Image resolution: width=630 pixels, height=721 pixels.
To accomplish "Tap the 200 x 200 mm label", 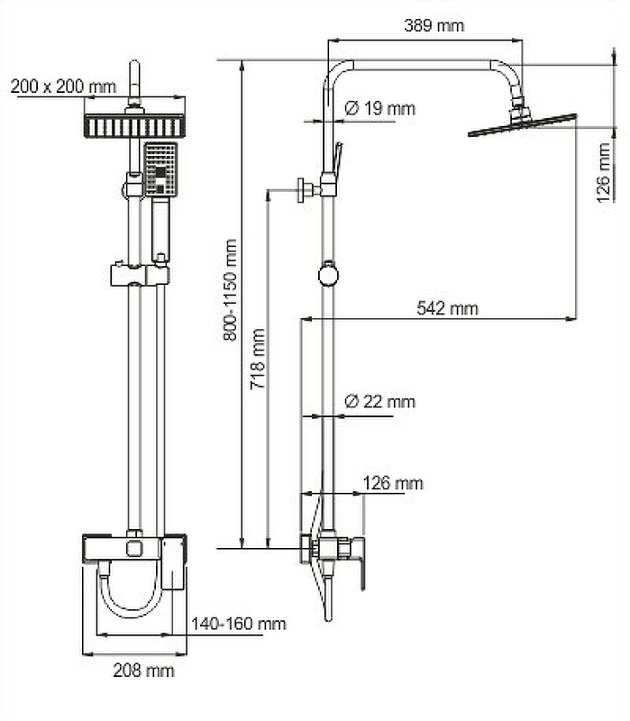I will tap(63, 87).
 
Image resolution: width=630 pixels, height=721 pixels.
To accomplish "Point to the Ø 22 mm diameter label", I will tap(379, 401).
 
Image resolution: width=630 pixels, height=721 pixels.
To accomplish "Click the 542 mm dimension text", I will tap(447, 308).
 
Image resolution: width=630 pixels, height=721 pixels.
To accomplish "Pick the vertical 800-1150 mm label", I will tap(231, 289).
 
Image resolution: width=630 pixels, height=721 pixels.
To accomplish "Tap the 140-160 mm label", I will tap(238, 624).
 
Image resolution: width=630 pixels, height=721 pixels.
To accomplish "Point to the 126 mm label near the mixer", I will tap(392, 484).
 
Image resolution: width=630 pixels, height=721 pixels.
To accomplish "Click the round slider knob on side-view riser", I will tap(328, 273).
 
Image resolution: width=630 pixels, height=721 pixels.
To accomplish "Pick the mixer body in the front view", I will tap(134, 548).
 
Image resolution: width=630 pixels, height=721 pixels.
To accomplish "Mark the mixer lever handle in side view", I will tap(361, 563).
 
